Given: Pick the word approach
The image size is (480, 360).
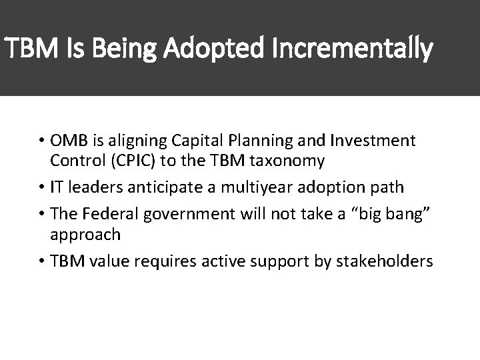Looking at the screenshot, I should click(86, 234).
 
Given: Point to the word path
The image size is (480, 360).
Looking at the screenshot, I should click(388, 187).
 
